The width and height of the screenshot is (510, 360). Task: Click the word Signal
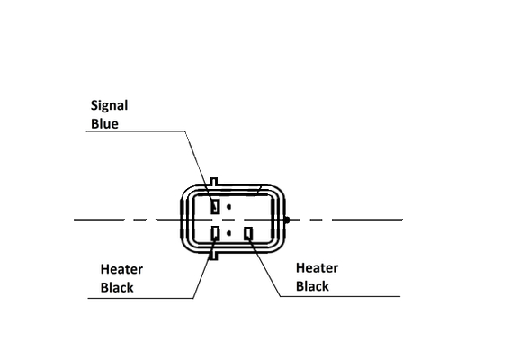point(110,106)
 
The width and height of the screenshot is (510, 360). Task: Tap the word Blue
point(104,124)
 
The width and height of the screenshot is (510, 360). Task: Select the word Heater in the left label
point(121,269)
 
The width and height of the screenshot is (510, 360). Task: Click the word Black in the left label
point(117,288)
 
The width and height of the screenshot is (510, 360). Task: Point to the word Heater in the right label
point(318,268)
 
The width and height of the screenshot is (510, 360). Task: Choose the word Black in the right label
point(313,286)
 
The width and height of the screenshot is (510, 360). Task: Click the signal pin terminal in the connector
point(215,206)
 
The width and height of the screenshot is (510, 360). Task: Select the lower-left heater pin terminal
point(215,233)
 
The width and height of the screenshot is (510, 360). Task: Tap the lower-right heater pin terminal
point(249,233)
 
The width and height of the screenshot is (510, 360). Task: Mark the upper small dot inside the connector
point(229,206)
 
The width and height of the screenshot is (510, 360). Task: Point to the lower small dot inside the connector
point(229,233)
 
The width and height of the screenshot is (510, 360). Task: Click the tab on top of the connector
point(214,183)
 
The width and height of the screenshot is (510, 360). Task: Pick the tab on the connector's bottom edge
point(213,256)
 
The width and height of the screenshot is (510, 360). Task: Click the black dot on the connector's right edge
point(287,220)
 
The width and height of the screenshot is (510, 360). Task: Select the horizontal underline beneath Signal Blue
point(136,131)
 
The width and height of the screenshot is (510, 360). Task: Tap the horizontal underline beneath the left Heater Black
point(140,298)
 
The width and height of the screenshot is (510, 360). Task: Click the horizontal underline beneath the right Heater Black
point(340,296)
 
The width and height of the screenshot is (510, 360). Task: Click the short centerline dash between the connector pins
point(229,220)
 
